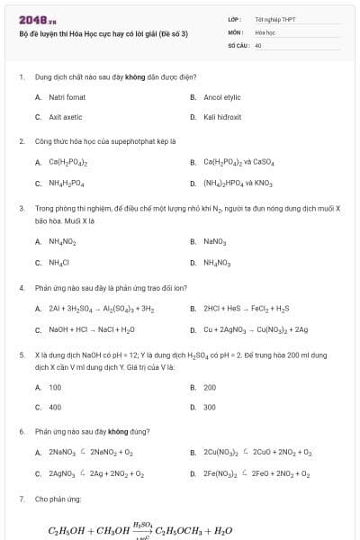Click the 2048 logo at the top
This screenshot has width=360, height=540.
31,20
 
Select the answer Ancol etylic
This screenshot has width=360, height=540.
222,96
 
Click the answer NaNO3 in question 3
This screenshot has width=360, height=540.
214,241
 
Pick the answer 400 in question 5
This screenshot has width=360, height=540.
55,407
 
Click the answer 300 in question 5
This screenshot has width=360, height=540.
210,407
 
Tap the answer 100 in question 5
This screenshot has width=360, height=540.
55,387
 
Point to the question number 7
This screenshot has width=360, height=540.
22,498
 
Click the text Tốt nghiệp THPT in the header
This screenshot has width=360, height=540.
271,18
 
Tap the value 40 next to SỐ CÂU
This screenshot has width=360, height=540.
258,44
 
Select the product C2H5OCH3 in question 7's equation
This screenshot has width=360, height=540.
184,531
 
